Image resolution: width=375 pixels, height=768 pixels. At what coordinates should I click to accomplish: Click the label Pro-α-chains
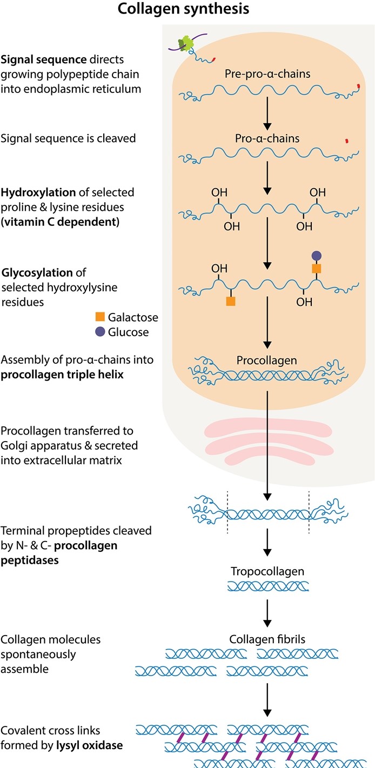click(x=267, y=138)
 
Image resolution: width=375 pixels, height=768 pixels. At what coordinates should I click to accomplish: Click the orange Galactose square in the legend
click(x=99, y=317)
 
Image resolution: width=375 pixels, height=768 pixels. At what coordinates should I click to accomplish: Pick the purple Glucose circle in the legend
click(x=99, y=332)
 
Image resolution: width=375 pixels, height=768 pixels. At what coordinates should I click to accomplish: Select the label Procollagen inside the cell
click(x=267, y=360)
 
